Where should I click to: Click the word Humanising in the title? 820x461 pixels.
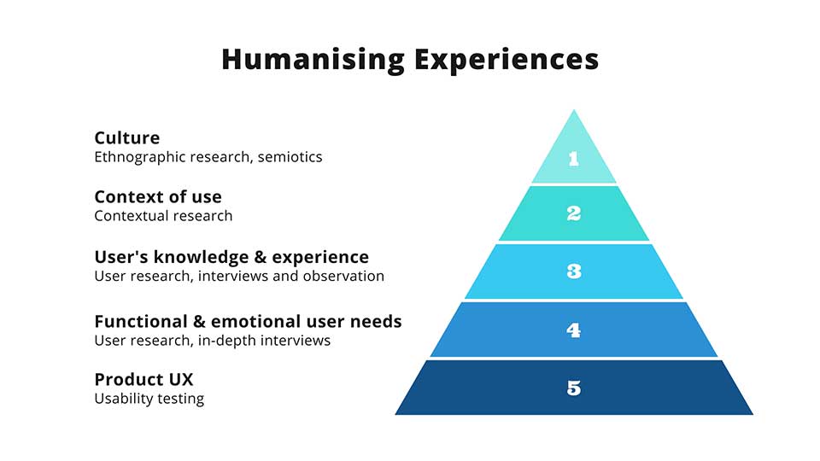[x=313, y=60]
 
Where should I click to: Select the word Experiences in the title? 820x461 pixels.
[x=507, y=60]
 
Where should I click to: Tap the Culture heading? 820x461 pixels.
[x=127, y=137]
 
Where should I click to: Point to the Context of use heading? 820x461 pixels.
[x=158, y=196]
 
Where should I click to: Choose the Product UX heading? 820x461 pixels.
[x=143, y=379]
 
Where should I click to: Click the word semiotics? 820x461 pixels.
[x=290, y=157]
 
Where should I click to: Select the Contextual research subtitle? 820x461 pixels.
[x=163, y=216]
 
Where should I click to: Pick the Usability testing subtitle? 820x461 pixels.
[x=149, y=399]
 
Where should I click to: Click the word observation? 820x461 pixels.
[x=343, y=276]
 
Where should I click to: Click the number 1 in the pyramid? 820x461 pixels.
[x=574, y=159]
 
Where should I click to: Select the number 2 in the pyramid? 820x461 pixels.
[x=574, y=213]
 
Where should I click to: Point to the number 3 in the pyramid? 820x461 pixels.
[x=574, y=271]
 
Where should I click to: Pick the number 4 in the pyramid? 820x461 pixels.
[x=574, y=330]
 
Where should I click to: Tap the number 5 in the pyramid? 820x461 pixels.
[x=574, y=388]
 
